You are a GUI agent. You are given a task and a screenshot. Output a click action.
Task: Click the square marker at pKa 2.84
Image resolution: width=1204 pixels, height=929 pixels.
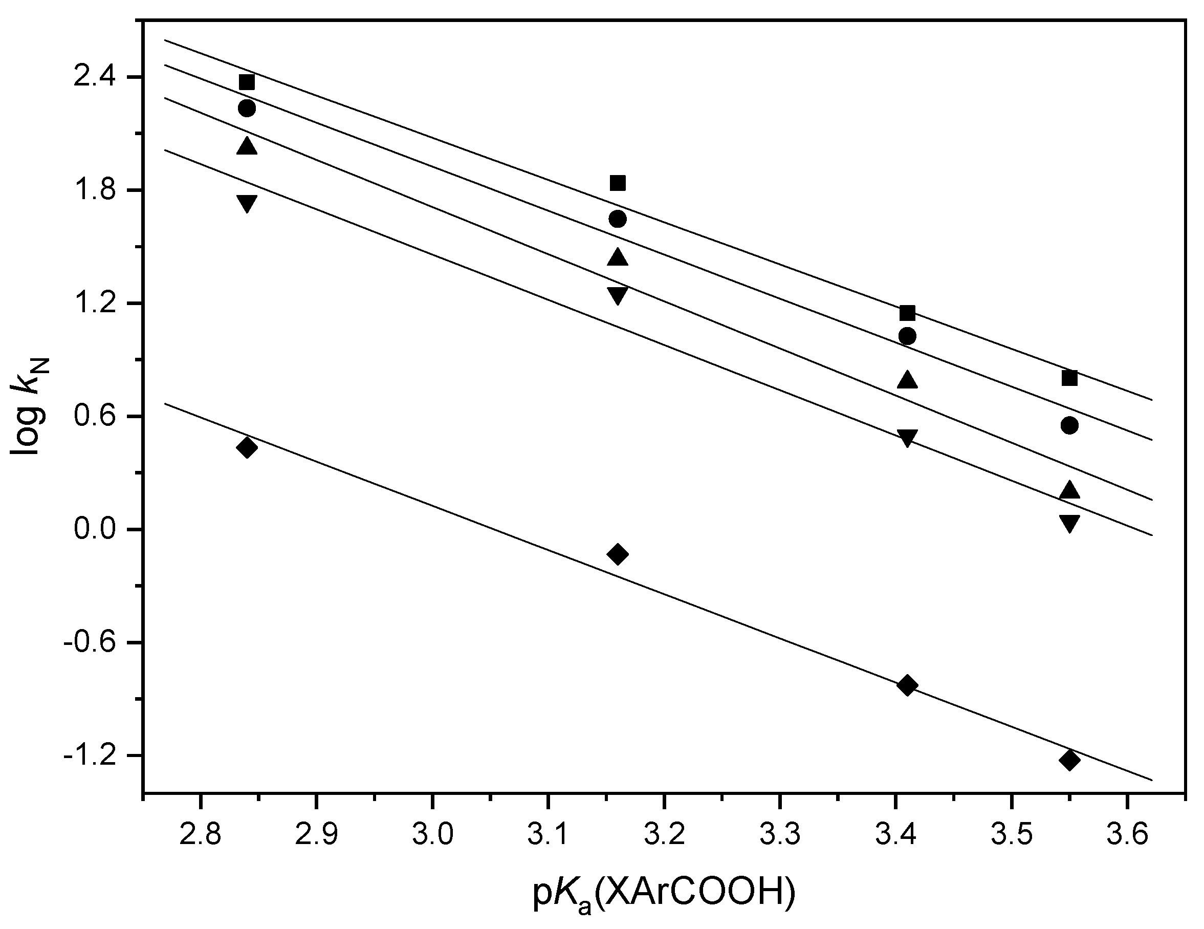pyautogui.click(x=247, y=82)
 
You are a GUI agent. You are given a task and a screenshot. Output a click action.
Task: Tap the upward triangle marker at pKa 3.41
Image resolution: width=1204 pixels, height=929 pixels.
pyautogui.click(x=907, y=380)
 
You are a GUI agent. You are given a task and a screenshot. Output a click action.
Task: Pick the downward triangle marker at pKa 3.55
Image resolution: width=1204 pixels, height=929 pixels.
pyautogui.click(x=1069, y=523)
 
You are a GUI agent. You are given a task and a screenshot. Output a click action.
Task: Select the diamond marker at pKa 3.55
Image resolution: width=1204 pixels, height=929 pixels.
pyautogui.click(x=1069, y=760)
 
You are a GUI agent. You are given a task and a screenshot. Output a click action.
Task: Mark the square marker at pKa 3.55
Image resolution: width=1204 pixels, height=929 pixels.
pyautogui.click(x=1069, y=378)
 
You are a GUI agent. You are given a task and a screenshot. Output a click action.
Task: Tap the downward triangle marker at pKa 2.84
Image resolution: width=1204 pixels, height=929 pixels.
pyautogui.click(x=247, y=203)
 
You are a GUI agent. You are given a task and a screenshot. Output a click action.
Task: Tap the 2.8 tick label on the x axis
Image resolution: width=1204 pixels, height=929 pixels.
pyautogui.click(x=201, y=835)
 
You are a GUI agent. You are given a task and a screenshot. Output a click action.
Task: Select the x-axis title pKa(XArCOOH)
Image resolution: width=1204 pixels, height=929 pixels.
pyautogui.click(x=664, y=894)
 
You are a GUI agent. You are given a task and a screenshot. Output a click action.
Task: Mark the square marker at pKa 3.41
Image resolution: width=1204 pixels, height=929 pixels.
pyautogui.click(x=907, y=313)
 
